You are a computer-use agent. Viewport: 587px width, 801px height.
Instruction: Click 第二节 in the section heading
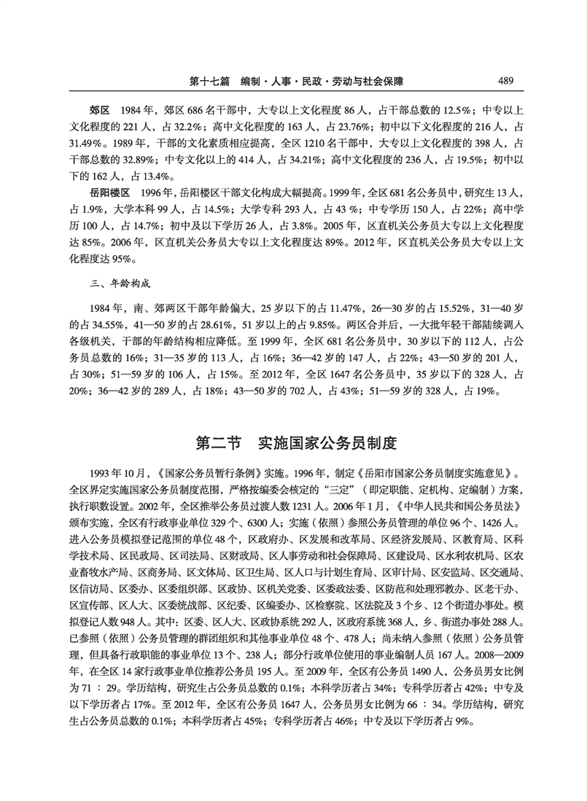coord(222,442)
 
